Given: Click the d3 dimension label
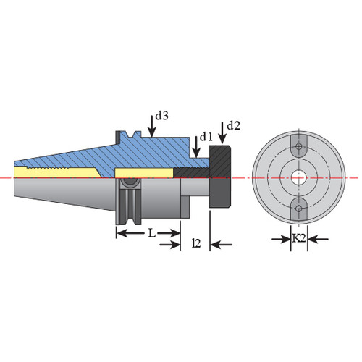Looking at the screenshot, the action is point(161,116).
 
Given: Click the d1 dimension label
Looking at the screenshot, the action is point(206,137).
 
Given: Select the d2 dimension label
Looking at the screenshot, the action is point(234,125).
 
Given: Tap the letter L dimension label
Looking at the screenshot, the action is point(151,233).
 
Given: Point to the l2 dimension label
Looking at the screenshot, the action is point(196,243).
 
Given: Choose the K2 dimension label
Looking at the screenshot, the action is point(299,238).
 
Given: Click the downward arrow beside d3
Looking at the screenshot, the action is point(151,126).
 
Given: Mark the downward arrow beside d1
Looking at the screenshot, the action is point(196,146).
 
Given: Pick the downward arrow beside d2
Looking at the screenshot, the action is point(222,132).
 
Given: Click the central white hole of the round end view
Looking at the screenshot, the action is point(299,178).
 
